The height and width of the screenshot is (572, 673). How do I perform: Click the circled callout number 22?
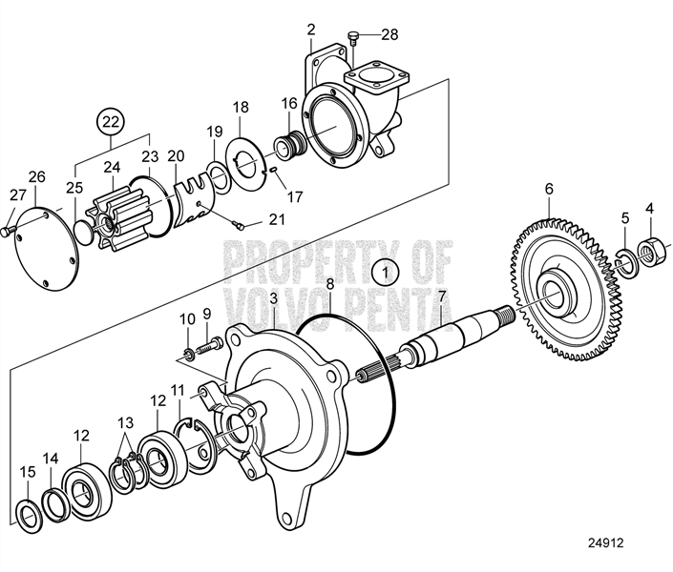[111, 123]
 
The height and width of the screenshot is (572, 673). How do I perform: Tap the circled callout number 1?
[386, 273]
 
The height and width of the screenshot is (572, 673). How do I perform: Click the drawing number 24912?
[605, 542]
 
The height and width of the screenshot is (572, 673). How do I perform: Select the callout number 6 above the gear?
[549, 189]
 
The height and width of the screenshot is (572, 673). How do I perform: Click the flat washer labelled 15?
[29, 517]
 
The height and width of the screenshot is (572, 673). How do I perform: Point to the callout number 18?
[242, 108]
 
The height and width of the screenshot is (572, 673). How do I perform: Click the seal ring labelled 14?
[54, 504]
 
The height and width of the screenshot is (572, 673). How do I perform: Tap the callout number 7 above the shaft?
[442, 296]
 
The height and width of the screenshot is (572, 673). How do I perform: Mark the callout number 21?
[277, 219]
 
